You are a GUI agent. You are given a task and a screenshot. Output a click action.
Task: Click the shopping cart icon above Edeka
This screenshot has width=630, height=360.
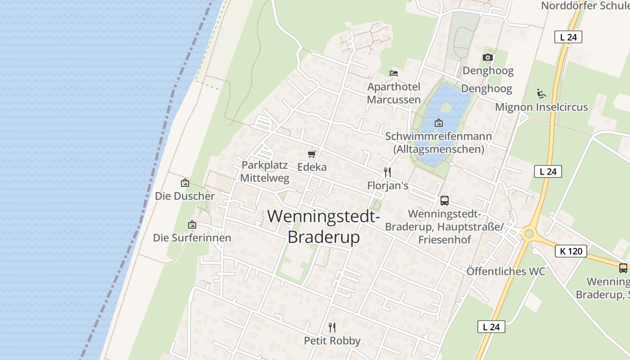point(311,154)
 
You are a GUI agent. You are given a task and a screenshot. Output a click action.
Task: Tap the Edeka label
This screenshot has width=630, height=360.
point(312,167)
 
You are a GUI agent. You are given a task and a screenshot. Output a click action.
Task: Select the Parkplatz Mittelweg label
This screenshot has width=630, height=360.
point(265,171)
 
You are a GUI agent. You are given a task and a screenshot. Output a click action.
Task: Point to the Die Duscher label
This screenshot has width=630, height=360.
point(185,196)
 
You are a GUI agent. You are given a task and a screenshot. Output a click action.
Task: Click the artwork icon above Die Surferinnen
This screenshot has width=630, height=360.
point(192,225)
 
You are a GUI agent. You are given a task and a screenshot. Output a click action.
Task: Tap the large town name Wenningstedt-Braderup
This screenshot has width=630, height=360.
point(324,226)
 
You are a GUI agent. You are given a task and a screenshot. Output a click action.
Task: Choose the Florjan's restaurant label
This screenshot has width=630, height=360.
point(387,185)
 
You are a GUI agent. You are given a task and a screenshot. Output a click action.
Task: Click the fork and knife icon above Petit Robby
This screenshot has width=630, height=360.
point(332,327)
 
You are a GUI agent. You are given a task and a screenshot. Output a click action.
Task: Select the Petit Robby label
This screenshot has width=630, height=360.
point(332,341)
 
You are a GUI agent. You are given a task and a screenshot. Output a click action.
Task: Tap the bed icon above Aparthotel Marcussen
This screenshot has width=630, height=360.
point(394,73)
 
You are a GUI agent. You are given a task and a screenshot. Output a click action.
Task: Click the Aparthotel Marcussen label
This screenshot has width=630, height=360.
point(394,93)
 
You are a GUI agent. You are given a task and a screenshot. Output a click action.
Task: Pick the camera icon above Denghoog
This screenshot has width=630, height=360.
point(488,57)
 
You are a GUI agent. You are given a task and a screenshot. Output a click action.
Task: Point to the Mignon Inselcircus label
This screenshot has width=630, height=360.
point(541,107)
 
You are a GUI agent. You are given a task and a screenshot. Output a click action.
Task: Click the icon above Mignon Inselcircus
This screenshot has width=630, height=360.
point(541,94)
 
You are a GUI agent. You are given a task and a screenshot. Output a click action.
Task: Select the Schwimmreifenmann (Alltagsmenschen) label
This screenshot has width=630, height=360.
point(439,142)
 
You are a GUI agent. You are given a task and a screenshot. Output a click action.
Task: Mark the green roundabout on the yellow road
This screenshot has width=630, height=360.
point(529,234)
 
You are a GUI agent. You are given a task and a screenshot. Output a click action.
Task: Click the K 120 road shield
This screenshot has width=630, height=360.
point(571,251)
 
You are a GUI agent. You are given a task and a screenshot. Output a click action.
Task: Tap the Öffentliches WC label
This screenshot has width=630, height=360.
point(506,271)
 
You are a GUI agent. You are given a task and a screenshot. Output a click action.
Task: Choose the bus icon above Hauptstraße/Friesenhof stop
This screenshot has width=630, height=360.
point(444,200)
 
